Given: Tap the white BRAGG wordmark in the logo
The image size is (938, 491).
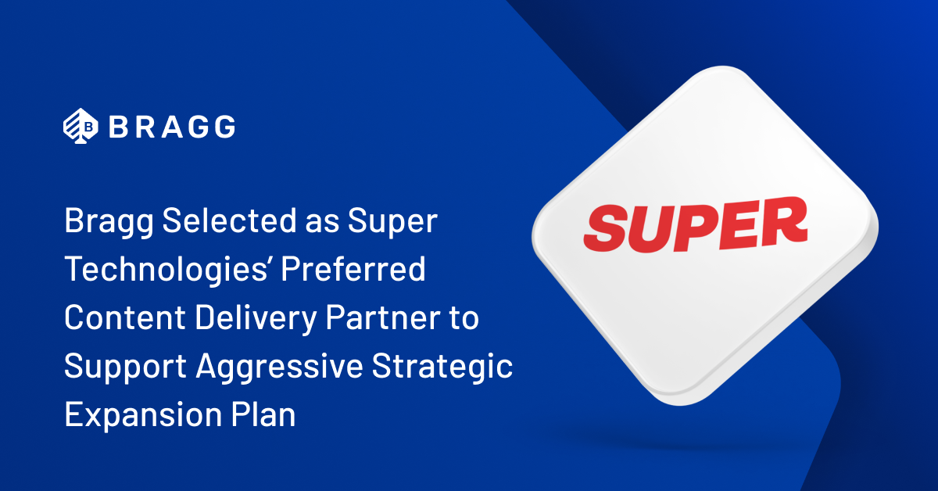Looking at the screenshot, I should [x=171, y=126].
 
